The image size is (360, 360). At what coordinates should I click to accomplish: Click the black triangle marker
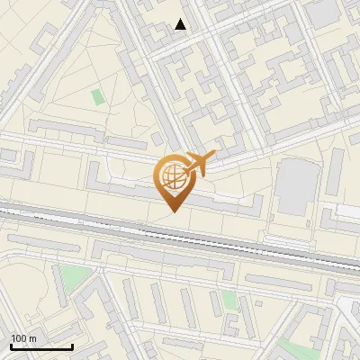[x=181, y=24]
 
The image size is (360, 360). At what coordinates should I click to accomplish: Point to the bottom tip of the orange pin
[x=172, y=211]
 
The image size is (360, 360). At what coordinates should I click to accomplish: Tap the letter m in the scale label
[x=33, y=338]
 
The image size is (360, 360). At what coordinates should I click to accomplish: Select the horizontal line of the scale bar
[x=41, y=347]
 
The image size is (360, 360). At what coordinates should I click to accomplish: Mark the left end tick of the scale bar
[x=11, y=346]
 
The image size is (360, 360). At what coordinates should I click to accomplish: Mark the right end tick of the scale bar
[x=72, y=346]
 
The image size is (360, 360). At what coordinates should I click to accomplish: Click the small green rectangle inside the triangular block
[x=97, y=96]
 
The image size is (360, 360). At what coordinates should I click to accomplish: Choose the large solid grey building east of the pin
[x=293, y=187]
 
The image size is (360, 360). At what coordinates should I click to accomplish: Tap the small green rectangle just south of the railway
[x=230, y=300]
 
